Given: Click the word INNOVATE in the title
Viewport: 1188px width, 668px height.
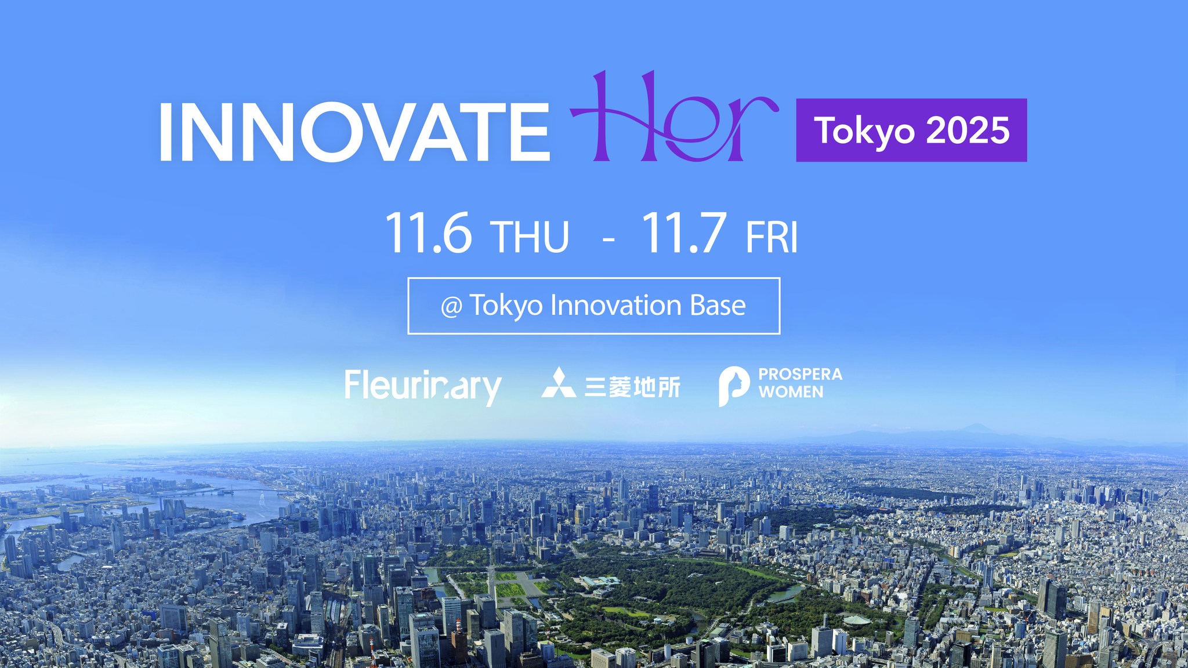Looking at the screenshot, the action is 354,132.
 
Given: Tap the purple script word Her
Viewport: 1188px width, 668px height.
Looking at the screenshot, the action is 674,116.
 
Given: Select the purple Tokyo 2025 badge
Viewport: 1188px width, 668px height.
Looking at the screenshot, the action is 911,130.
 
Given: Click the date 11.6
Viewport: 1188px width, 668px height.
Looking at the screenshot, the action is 428,233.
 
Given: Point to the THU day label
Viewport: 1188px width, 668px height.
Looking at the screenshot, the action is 530,237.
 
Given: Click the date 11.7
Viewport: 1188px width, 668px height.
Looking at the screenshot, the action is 684,233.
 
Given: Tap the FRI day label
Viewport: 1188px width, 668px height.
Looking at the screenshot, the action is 772,237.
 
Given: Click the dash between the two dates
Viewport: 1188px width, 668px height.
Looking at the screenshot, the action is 609,239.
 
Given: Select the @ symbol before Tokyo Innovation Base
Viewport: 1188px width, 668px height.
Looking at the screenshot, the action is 451,307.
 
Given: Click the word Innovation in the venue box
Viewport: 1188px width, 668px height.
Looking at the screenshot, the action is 615,305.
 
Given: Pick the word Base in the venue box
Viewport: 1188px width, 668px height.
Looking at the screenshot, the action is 718,305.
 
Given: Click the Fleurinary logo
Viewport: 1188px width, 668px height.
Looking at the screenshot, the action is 423,387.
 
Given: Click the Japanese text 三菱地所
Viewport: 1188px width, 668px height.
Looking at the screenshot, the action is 632,387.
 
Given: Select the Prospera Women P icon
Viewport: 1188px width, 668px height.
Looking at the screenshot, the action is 734,386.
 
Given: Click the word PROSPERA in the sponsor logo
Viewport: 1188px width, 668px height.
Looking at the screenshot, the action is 801,374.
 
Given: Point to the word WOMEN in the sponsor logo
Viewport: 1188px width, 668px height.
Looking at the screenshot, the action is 791,392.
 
